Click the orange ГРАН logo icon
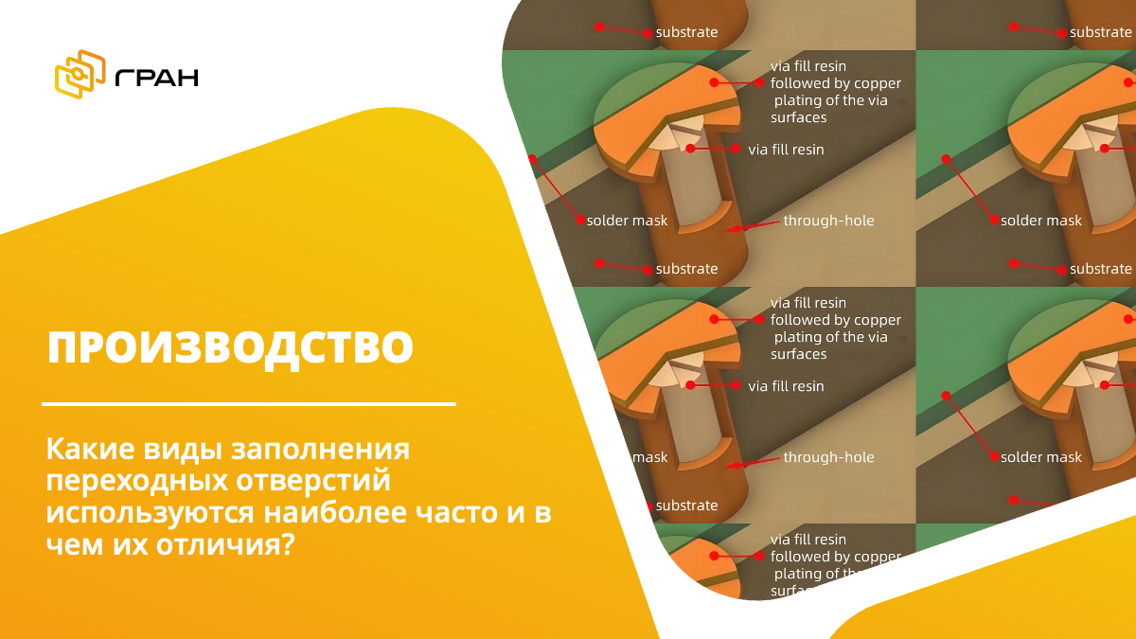click(80, 75)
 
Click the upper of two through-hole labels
click(828, 221)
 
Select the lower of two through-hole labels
click(828, 457)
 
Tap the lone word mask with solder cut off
click(649, 457)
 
